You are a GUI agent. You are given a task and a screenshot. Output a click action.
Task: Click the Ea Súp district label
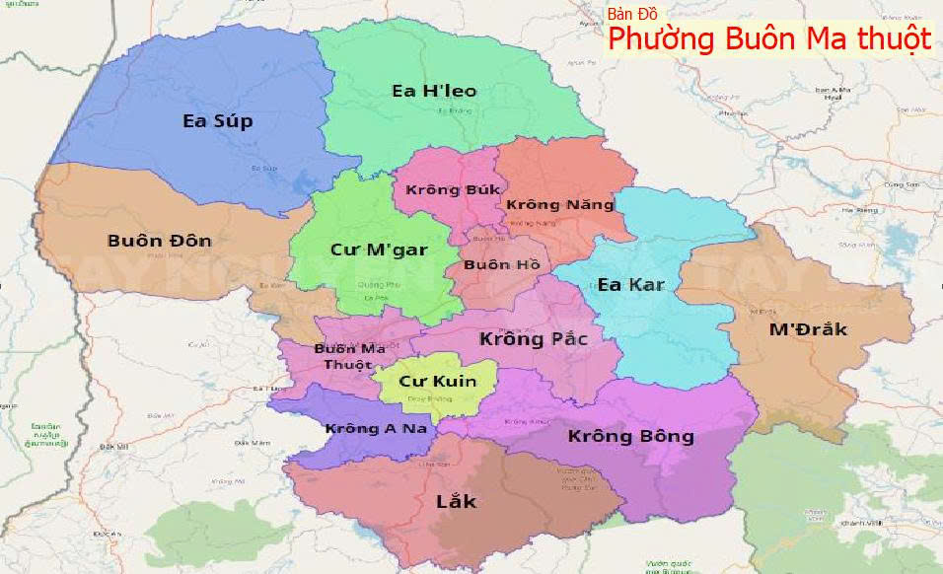pos(218,121)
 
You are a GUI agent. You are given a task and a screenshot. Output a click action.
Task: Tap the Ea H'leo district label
pos(434,91)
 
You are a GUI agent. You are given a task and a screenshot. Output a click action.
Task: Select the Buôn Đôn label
pos(159,241)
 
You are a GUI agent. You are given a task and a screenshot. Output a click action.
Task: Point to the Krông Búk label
pos(454,189)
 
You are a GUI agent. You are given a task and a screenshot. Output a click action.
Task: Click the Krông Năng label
pos(559,205)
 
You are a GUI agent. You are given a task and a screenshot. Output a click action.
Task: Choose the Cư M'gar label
pos(379,250)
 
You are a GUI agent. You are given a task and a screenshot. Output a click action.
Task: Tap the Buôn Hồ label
pos(501,264)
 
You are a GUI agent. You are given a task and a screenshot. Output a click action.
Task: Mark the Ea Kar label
pos(631,285)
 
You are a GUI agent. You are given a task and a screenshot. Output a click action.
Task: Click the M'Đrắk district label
pos(808,329)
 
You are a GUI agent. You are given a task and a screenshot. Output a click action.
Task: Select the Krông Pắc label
pos(534,339)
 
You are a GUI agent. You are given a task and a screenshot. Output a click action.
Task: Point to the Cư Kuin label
pos(437,381)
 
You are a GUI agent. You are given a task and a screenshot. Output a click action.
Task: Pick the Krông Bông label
pos(631,436)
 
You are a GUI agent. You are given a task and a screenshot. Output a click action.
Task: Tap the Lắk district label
pos(456,501)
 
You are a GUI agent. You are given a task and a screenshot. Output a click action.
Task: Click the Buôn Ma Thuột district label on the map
pos(349,357)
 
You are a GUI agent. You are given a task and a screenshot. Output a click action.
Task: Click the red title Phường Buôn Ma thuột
pos(769,39)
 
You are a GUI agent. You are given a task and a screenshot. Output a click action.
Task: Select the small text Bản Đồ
pos(632,14)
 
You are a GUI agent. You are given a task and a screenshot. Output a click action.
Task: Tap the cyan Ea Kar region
pos(681,325)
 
